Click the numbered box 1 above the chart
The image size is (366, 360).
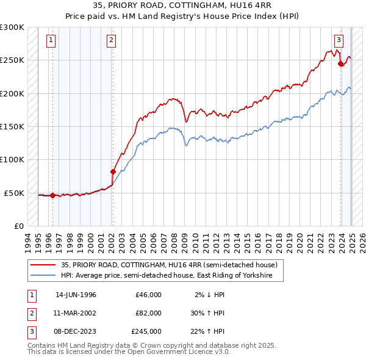coord(50,41)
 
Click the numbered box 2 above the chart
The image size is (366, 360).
coord(112,41)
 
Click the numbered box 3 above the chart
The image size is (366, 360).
coord(339,41)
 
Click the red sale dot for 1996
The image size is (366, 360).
coord(52,196)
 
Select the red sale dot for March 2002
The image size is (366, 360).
coord(113,172)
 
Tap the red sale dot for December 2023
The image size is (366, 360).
coord(340,64)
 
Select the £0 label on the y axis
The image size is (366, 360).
coord(18,226)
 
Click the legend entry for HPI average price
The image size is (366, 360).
coord(172,276)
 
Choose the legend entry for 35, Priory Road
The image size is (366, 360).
coord(170,265)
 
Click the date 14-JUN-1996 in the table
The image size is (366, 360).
coord(76,295)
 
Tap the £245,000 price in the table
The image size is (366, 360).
coord(146,331)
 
